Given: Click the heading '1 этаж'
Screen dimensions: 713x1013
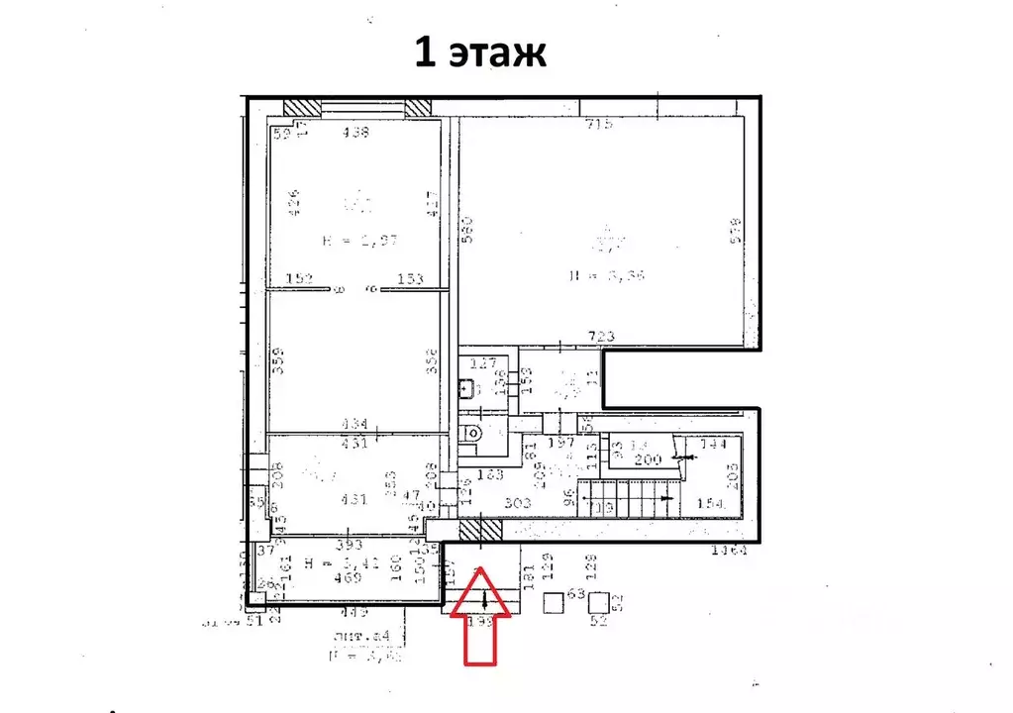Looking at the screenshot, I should pos(480,52).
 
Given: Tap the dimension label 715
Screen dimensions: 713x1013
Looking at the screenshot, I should pos(599,124).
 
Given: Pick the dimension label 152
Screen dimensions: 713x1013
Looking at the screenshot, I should pos(299,279).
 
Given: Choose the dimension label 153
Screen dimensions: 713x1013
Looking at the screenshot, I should pos(410,279).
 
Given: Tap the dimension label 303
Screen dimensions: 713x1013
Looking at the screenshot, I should pos(518,503).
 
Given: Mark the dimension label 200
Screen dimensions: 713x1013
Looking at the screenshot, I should pos(647,460).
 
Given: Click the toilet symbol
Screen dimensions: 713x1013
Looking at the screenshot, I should pos(473,432).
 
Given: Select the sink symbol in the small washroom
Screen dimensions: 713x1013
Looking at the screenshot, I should pos(468,388).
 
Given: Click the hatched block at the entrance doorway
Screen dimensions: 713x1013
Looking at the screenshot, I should pos(480,531).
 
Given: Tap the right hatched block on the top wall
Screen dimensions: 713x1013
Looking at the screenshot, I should pos(418,107).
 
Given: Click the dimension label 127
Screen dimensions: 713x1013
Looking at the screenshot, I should pos(482,362).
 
